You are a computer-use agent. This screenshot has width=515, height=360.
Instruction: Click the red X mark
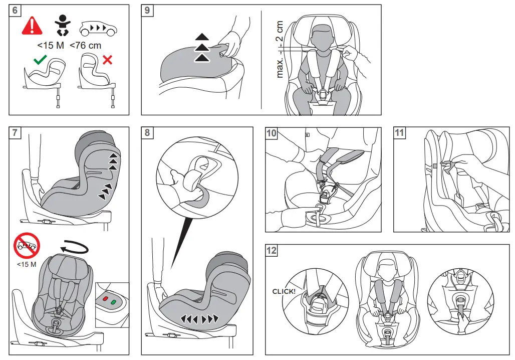107,60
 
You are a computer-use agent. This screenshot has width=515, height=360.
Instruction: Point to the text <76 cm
85,46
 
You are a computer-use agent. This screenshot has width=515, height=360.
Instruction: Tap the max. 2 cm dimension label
280,49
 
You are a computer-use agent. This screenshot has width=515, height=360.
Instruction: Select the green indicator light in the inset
114,302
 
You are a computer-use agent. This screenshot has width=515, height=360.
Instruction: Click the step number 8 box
147,133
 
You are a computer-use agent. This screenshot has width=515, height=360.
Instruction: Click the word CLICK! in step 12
284,291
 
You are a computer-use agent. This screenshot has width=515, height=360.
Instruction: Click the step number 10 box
271,133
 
